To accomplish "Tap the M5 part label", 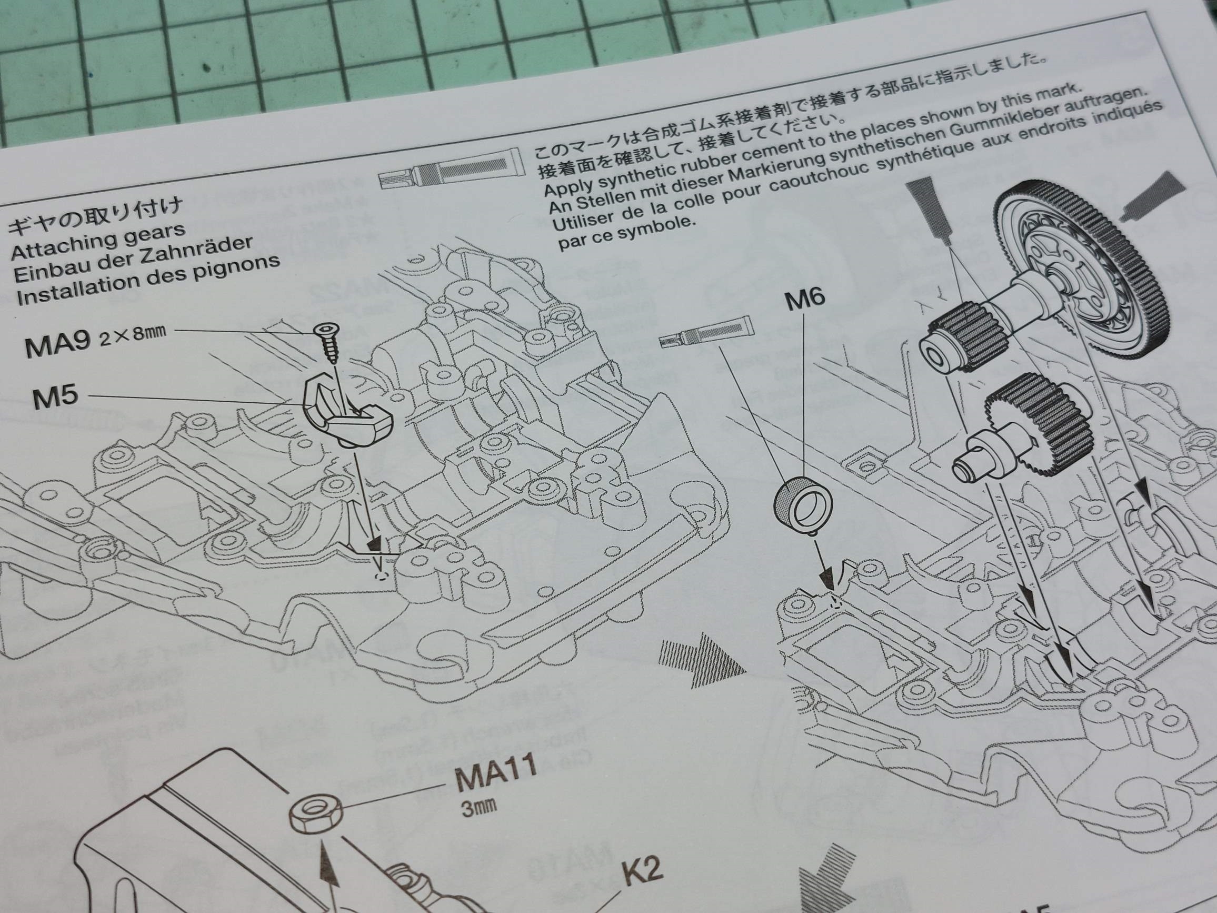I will [55, 397].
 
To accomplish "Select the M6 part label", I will [804, 299].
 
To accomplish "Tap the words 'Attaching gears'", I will [98, 242].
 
